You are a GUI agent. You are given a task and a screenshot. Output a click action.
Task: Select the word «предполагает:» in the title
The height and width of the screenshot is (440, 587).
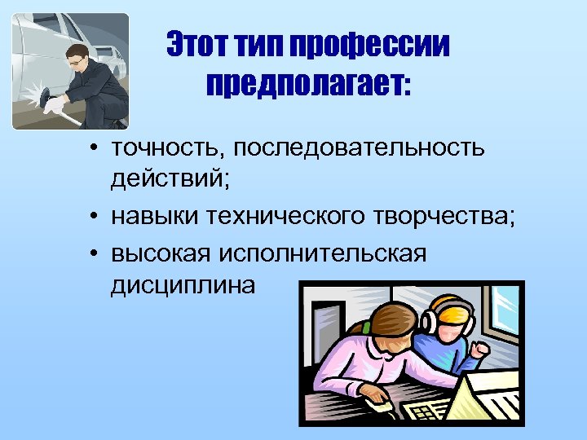(x=309, y=82)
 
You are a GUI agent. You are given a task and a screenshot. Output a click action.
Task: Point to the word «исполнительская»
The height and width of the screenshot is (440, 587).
(x=324, y=253)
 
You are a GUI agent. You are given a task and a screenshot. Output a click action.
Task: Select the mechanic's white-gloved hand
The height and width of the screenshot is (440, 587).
(x=54, y=104)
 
